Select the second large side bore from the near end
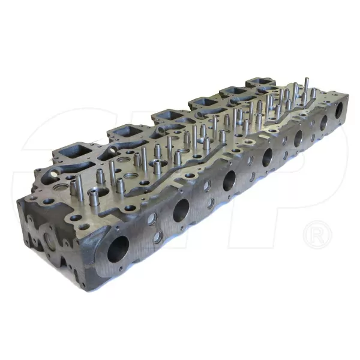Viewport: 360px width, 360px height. coord(181,209)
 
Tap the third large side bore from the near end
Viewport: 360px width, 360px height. coord(229,180)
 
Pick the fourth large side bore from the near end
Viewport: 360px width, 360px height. coord(267,157)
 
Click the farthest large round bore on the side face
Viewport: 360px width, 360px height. coord(340,110)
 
